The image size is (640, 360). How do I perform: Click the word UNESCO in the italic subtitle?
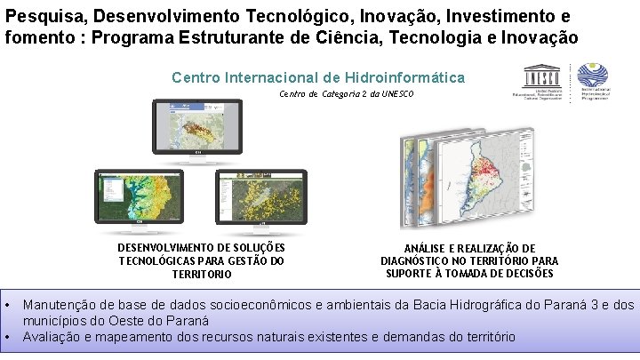click(x=395, y=93)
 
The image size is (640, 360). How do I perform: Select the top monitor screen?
click(x=197, y=124)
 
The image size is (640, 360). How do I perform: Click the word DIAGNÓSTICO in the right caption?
click(x=420, y=260)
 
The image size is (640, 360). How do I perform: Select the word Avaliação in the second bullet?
click(x=52, y=337)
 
